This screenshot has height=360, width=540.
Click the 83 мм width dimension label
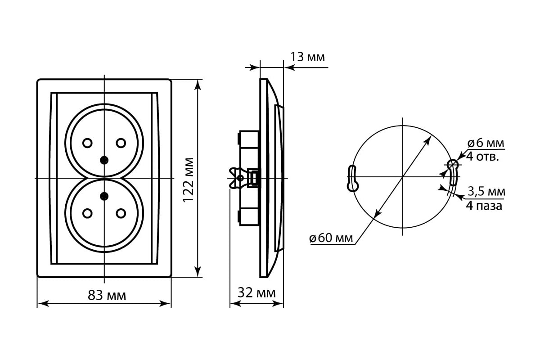(107, 295)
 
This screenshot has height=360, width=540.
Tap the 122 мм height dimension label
(188, 180)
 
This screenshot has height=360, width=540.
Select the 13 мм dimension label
(308, 57)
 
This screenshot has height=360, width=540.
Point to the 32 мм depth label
(256, 293)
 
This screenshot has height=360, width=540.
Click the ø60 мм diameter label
(331, 238)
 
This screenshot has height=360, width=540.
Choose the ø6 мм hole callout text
(486, 143)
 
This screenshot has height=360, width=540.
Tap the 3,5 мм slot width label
(486, 191)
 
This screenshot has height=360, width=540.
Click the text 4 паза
(484, 206)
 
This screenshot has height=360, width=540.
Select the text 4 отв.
(482, 157)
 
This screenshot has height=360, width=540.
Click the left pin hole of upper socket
(87, 143)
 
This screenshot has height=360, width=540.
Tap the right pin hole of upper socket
(121, 143)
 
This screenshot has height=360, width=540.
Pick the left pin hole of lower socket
(87, 213)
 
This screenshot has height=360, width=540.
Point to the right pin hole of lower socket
(121, 213)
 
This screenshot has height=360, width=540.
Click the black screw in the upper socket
(104, 160)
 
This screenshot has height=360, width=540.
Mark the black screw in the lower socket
(104, 197)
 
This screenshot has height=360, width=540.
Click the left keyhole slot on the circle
(352, 179)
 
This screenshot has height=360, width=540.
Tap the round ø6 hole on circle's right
(452, 165)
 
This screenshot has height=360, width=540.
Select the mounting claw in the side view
(236, 178)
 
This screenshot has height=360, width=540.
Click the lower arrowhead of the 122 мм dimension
(198, 271)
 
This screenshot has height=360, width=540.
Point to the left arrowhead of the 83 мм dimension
(43, 304)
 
